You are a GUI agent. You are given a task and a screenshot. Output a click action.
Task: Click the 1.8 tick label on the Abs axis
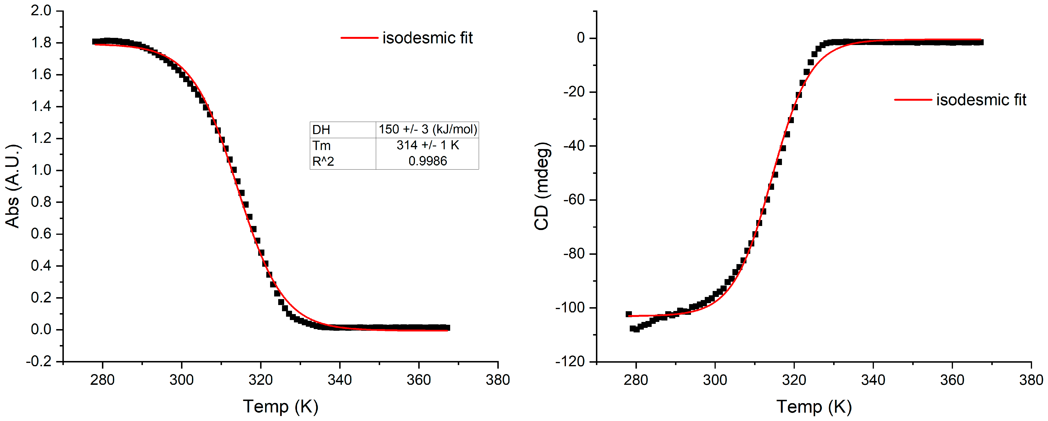point(41,43)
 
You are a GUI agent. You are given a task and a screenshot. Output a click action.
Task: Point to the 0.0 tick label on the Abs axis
point(41,330)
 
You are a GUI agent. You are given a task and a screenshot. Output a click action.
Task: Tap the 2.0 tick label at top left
point(41,10)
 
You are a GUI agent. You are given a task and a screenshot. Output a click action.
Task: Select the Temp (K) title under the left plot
point(281,406)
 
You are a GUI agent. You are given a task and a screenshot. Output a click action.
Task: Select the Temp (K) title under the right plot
point(814,406)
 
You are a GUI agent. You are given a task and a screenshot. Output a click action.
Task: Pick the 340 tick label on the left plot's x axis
point(340,380)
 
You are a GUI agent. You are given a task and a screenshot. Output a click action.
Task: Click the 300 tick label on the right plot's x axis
point(715,380)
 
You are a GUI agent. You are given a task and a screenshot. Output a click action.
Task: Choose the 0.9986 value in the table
point(428,161)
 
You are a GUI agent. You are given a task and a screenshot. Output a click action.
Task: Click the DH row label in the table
point(321,130)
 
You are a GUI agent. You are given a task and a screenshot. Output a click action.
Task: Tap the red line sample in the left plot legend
point(359,38)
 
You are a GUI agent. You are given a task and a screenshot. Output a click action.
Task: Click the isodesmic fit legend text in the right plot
point(981,100)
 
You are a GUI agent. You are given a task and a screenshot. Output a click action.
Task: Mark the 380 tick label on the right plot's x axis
point(1031,380)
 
